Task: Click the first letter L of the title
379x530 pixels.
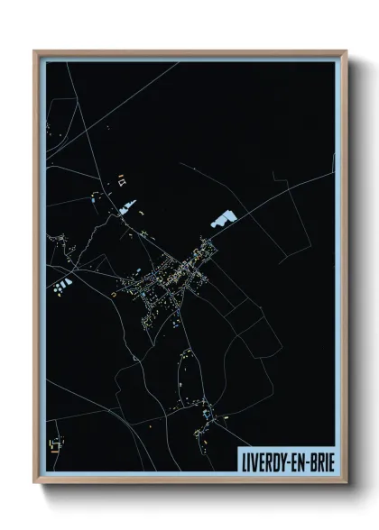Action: [245, 458]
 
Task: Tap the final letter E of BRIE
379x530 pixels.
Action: [326, 458]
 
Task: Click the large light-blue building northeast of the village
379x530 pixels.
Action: [222, 217]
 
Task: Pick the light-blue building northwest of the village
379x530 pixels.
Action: [125, 211]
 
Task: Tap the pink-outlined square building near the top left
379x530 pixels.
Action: [119, 182]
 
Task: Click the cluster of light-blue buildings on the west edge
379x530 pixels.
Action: [62, 288]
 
